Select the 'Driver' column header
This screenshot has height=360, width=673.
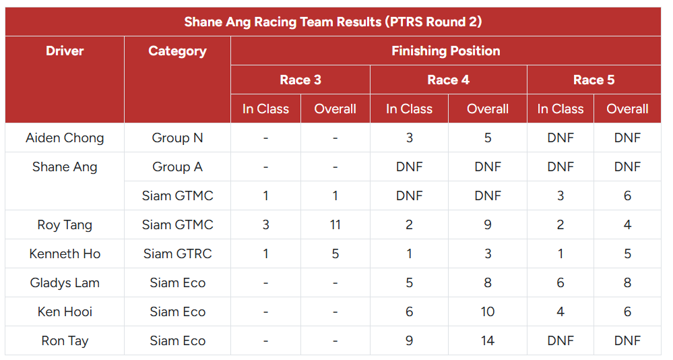(65, 51)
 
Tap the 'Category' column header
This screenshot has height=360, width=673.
(177, 51)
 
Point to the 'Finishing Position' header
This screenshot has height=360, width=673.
(445, 51)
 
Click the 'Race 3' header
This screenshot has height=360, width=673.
(300, 80)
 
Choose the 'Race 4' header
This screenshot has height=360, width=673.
(448, 80)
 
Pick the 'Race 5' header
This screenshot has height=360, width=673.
(594, 80)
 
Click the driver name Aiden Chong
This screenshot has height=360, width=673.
(65, 138)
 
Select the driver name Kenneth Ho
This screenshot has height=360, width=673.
(65, 253)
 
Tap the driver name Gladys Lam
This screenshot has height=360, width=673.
(65, 282)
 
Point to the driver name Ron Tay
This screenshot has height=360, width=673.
(65, 340)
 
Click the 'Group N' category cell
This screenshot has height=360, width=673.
(177, 138)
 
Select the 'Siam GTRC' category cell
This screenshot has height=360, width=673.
(177, 253)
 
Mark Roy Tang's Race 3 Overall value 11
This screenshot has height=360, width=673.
(335, 224)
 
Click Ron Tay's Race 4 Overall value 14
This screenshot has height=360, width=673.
(488, 340)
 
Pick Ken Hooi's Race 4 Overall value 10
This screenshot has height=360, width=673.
(488, 311)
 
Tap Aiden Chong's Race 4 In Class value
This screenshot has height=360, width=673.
(409, 138)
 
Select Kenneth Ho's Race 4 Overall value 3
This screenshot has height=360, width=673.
(488, 253)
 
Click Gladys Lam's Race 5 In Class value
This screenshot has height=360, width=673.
(560, 282)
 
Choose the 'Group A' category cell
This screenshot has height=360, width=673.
(177, 167)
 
